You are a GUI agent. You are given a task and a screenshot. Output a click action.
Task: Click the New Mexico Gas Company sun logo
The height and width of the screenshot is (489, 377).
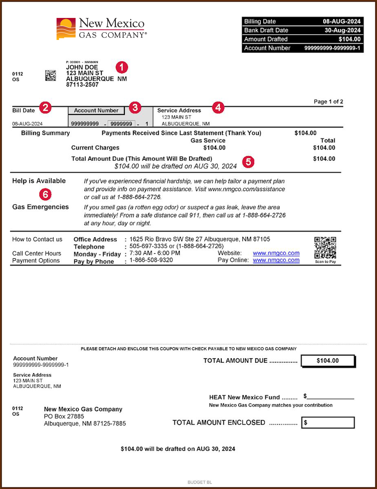click(66, 29)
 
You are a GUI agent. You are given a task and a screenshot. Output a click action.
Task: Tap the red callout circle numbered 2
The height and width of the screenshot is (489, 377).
click(45, 108)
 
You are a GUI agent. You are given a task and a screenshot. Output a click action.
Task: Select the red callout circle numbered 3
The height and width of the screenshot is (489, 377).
click(135, 108)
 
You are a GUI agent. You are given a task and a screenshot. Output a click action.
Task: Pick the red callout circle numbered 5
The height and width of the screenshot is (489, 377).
click(248, 162)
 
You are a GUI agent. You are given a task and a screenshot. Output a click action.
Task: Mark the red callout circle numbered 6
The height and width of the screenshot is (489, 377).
click(45, 194)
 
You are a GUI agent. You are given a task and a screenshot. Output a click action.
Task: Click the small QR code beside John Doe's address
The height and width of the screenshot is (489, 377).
click(51, 75)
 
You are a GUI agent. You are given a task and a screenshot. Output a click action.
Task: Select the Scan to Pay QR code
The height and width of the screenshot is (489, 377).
click(325, 248)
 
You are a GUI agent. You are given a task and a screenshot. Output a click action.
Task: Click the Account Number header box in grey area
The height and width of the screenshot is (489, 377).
click(96, 110)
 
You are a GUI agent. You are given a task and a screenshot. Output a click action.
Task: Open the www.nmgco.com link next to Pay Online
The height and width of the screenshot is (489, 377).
click(276, 260)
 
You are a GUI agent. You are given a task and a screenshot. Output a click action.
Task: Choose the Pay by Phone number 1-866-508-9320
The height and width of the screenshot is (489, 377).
click(151, 260)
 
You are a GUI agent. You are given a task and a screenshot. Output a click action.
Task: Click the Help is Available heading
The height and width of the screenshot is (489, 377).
click(39, 181)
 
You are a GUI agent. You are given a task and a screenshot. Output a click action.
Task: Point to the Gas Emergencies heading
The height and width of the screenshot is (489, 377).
click(40, 207)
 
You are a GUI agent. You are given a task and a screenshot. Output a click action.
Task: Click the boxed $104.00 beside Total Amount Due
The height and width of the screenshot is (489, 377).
click(328, 361)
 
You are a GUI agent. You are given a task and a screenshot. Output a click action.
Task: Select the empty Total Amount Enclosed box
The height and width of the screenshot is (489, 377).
click(328, 423)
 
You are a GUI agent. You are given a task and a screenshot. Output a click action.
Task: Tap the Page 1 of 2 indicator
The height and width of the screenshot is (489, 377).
click(328, 101)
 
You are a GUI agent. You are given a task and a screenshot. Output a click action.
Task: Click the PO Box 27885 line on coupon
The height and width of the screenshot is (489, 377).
click(64, 416)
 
